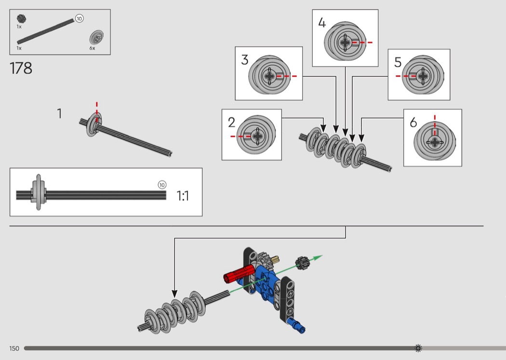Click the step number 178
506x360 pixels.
point(21,68)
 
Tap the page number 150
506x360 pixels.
point(14,348)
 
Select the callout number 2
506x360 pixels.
point(231,123)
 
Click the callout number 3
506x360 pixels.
point(245,60)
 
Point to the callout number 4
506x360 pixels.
point(322,23)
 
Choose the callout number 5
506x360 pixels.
point(398,62)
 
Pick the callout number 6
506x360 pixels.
point(413,123)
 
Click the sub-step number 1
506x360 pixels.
point(59,114)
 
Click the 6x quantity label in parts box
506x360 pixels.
point(92,48)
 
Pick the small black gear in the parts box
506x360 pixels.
point(21,19)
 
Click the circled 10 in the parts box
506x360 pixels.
point(80,18)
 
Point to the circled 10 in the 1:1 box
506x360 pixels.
point(162,185)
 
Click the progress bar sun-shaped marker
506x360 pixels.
point(418,348)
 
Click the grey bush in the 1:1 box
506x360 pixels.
point(38,193)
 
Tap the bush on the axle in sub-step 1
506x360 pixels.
point(93,124)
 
